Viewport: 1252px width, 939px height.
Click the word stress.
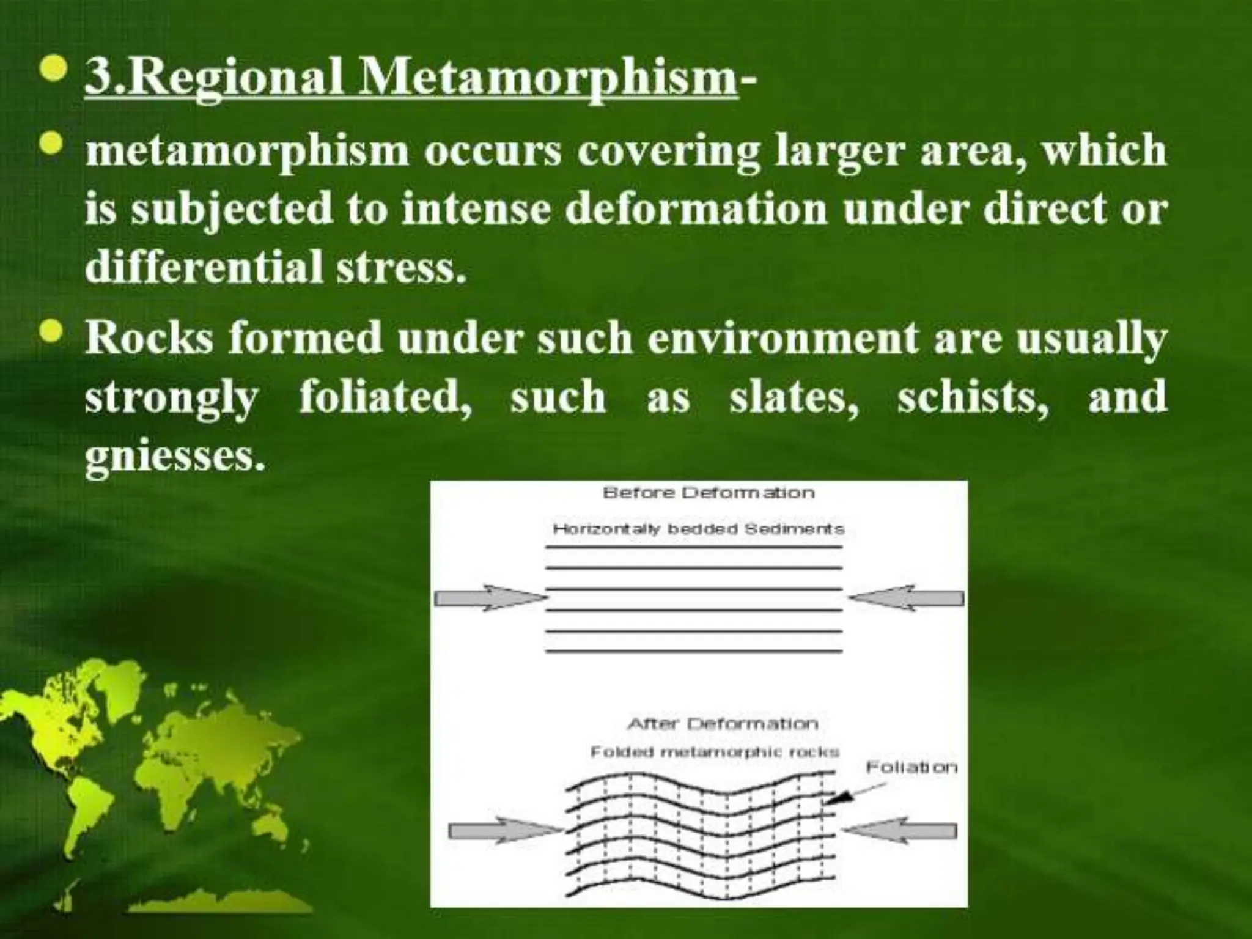[400, 268]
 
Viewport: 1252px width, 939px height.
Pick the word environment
[782, 338]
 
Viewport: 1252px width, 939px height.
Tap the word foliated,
[385, 397]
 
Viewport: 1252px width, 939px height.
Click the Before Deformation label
[708, 493]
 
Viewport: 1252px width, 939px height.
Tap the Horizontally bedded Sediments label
[698, 529]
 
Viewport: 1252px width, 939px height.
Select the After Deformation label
[722, 724]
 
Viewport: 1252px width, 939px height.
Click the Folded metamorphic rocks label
[714, 753]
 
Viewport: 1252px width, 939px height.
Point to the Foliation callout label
[911, 767]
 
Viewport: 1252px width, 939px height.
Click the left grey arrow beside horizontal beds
[489, 598]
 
